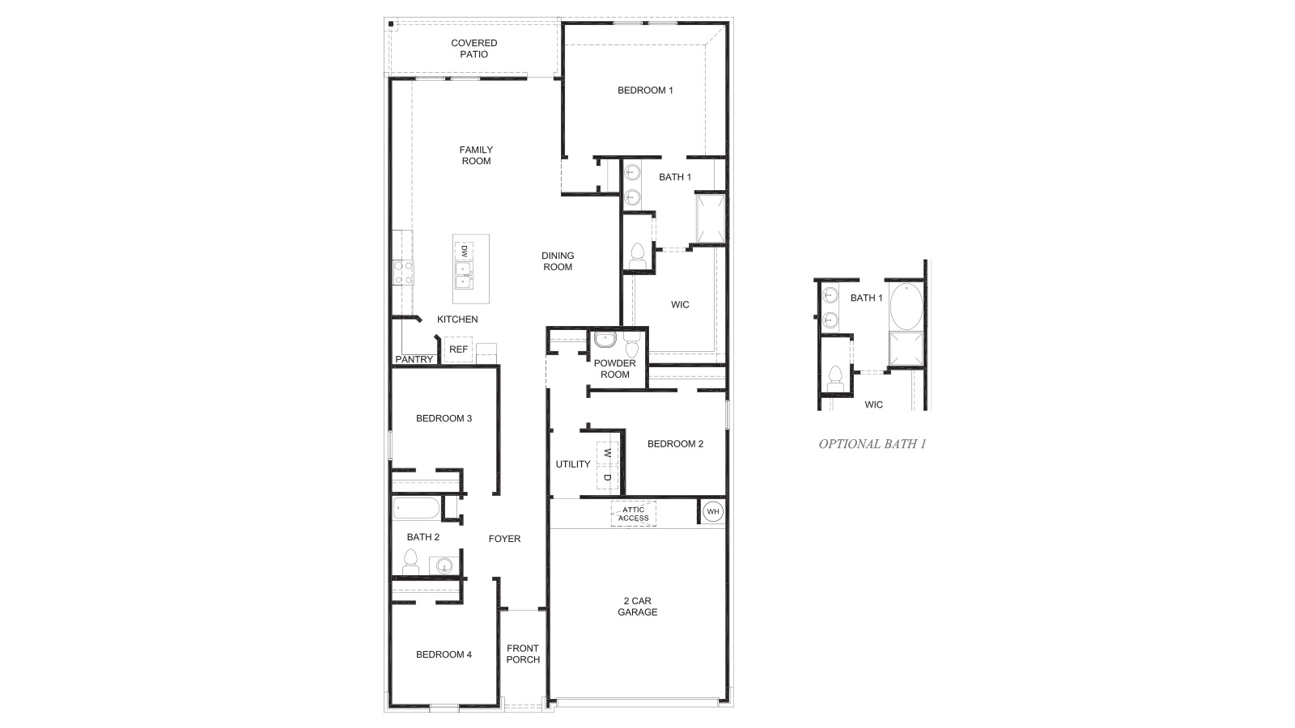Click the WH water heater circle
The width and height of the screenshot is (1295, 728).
[713, 511]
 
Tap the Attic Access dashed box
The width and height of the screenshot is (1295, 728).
[634, 514]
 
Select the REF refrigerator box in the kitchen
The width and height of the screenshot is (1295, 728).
[458, 349]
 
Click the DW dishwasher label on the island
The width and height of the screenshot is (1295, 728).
[465, 251]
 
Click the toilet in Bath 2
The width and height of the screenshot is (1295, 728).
[410, 562]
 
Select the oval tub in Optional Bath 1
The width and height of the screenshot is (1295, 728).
[905, 305]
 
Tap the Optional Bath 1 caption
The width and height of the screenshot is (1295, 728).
[872, 443]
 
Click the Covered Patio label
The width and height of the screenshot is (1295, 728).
[474, 49]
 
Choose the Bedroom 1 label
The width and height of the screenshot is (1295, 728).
[645, 91]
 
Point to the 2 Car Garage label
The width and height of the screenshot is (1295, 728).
[637, 607]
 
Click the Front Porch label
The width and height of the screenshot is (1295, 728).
[523, 654]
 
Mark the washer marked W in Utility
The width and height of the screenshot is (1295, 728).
[607, 454]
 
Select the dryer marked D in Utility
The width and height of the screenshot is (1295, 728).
[607, 477]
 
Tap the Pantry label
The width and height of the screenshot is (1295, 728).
[414, 359]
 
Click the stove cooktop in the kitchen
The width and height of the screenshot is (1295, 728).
[403, 272]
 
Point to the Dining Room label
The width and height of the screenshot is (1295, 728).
[558, 261]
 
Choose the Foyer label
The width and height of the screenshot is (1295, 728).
[504, 539]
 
